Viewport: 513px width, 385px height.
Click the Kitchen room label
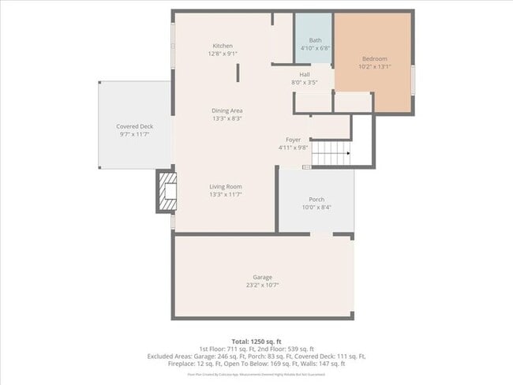tap(223, 46)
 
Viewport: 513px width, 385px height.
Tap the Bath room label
tap(315, 40)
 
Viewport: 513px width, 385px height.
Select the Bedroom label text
tap(375, 59)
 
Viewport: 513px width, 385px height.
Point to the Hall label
tap(304, 74)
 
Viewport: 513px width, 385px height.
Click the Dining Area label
tap(227, 110)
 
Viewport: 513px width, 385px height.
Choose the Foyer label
tap(294, 140)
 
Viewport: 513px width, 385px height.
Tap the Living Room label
tap(225, 186)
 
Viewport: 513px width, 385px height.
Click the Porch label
tap(316, 200)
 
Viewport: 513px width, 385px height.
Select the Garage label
tap(263, 277)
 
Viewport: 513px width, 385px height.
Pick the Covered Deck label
tap(134, 126)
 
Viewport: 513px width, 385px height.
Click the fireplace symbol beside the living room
tap(166, 192)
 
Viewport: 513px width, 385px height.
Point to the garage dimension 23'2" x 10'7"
tap(263, 285)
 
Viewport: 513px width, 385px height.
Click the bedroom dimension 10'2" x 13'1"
tap(375, 67)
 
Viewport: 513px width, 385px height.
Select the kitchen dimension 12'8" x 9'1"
tap(223, 54)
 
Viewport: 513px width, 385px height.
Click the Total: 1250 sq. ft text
tap(256, 340)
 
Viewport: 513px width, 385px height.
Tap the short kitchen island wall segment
tap(238, 72)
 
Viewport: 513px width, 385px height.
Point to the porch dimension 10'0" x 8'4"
tap(316, 207)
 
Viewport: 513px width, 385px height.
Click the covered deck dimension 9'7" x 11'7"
tap(134, 134)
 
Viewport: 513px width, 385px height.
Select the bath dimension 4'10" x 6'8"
tap(315, 48)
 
